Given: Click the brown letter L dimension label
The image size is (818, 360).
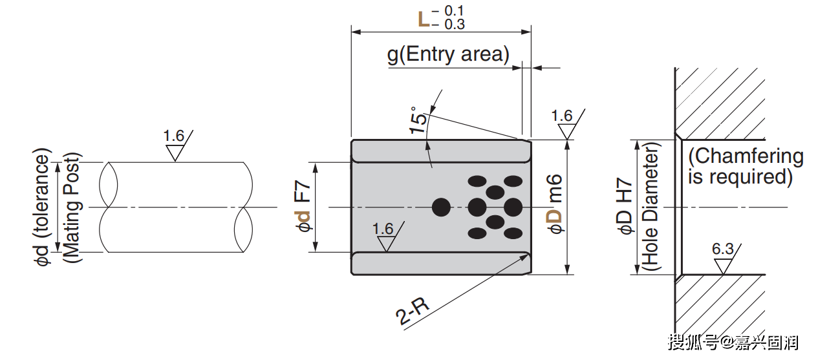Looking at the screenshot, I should coord(424,19).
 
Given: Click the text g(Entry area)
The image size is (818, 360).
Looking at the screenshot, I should coord(448,55).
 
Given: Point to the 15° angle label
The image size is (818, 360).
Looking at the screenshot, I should coord(418,120).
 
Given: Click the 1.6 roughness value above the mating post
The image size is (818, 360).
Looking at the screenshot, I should coord(173,136).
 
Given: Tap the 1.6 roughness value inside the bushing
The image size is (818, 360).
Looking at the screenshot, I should coord(383,229).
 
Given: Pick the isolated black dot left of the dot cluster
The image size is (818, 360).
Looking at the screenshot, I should coord(441,207).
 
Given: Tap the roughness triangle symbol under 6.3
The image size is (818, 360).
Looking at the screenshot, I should coord(723,265).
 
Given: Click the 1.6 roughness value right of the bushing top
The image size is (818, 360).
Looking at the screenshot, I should coord(562,116).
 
